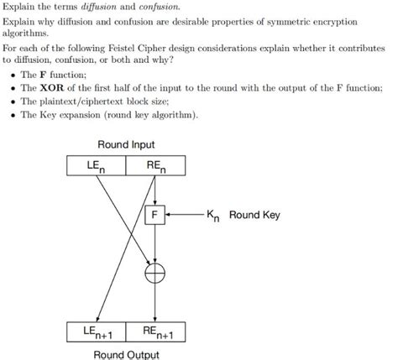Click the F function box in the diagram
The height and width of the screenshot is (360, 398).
[x=154, y=216]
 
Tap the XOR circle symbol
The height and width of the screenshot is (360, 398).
[x=154, y=271]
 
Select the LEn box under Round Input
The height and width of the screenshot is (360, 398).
[x=97, y=166]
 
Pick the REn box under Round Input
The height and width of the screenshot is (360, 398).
[x=154, y=166]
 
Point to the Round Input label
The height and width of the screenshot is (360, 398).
[x=126, y=145]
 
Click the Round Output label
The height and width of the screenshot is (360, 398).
[x=126, y=353]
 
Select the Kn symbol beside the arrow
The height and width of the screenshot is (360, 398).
[x=215, y=217]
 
